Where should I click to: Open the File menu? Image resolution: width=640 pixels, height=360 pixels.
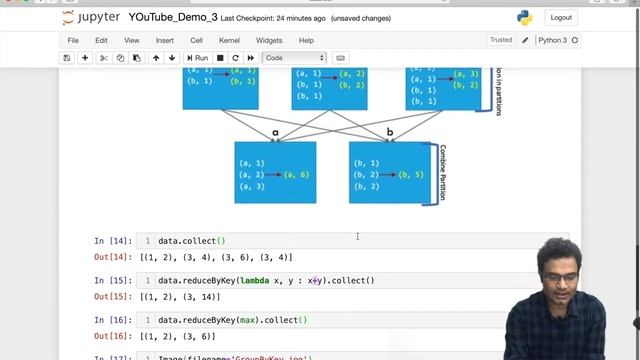[73, 40]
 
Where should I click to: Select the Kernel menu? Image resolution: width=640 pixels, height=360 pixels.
[229, 40]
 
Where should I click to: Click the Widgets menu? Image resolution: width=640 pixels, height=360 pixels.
[269, 40]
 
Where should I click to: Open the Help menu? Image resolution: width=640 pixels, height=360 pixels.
[306, 40]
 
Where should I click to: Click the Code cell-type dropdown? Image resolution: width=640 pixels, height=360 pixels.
[294, 58]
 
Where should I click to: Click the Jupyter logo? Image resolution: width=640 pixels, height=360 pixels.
[91, 17]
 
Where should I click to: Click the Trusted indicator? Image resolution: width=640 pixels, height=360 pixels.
[500, 40]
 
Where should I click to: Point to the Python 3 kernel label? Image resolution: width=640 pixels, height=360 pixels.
[552, 40]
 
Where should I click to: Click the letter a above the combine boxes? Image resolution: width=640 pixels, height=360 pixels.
[276, 132]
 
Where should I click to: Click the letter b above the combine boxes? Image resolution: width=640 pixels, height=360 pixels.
[390, 132]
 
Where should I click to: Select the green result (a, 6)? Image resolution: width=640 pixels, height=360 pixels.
[297, 175]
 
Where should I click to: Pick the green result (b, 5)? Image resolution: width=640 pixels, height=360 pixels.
[411, 175]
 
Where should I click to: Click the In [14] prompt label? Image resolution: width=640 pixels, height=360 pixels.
[113, 241]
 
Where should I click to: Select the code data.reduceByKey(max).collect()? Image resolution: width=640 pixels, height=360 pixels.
[232, 320]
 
